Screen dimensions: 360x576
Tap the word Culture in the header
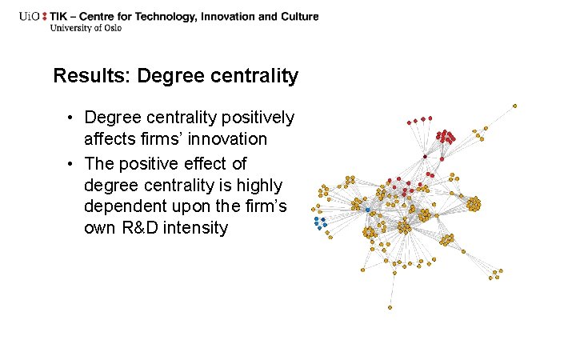pyautogui.click(x=298, y=16)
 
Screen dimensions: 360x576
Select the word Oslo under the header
pyautogui.click(x=114, y=28)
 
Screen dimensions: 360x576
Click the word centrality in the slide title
pyautogui.click(x=257, y=77)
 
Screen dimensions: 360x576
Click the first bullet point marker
pyautogui.click(x=71, y=118)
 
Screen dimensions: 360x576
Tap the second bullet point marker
pyautogui.click(x=71, y=165)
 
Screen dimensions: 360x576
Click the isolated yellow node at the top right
pyautogui.click(x=514, y=106)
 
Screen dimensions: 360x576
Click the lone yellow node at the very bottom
pyautogui.click(x=390, y=307)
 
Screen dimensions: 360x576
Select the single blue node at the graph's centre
pyautogui.click(x=367, y=210)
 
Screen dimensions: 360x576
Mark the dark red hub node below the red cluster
pyautogui.click(x=425, y=157)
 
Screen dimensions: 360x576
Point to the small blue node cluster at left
pyautogui.click(x=321, y=222)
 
